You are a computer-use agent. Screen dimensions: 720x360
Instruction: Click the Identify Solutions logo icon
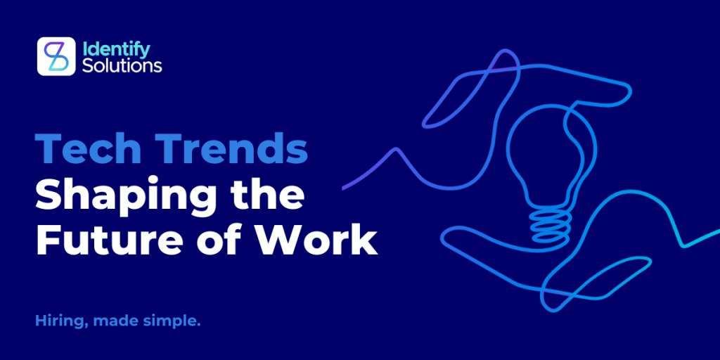coord(56,56)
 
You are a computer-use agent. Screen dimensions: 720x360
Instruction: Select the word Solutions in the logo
coord(122,65)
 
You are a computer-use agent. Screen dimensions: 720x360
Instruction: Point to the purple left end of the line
coord(344,188)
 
